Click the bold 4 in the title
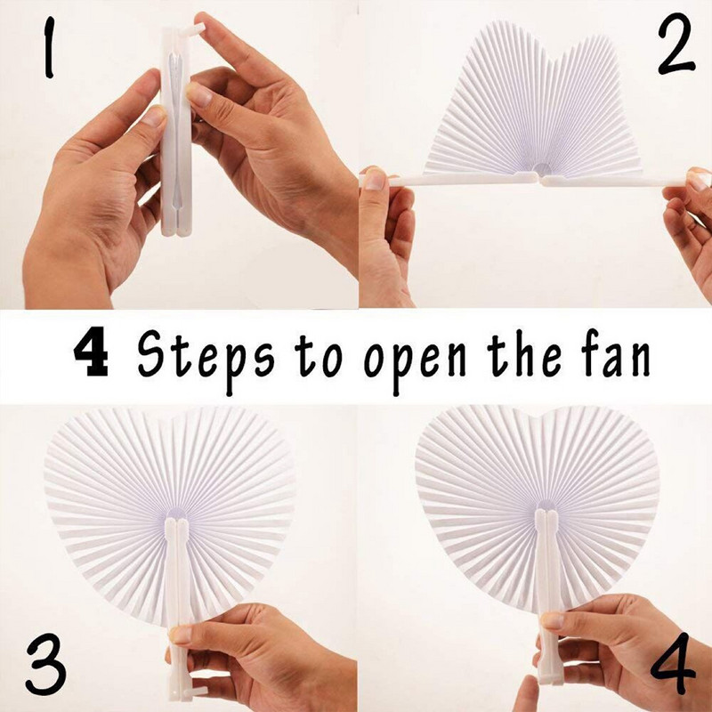(x=91, y=353)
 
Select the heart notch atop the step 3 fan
(x=170, y=418)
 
